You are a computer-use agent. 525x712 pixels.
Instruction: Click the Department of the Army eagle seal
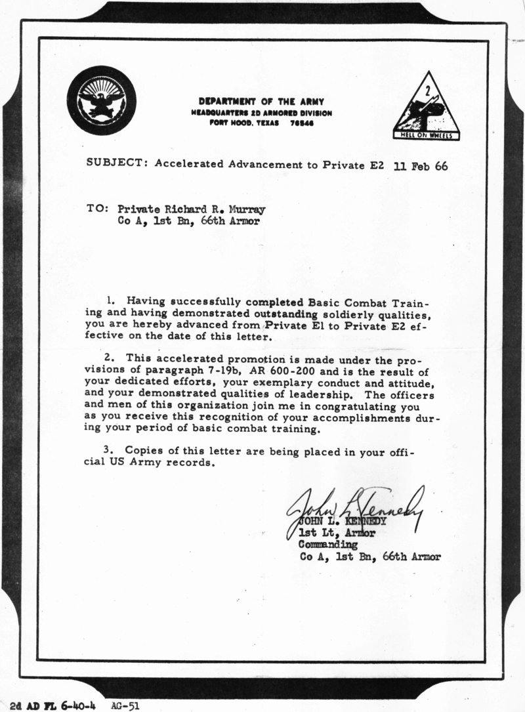point(101,100)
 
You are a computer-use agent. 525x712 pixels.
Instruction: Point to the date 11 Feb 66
point(420,166)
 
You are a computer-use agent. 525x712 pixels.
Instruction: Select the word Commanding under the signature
point(328,545)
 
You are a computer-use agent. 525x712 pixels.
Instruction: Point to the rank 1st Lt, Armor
point(337,533)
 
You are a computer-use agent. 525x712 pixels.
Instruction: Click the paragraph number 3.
point(111,451)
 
